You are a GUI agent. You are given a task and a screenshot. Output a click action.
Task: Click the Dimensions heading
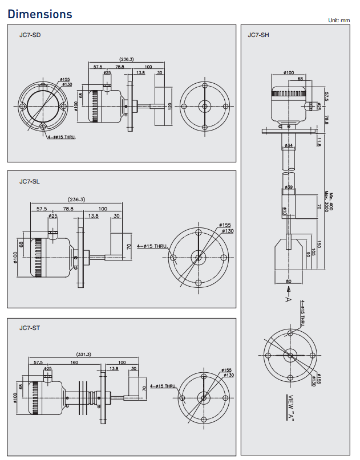coord(40,14)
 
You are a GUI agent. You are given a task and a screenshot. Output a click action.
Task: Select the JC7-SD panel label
coord(30,35)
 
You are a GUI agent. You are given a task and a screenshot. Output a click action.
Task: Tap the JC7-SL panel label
coord(30,181)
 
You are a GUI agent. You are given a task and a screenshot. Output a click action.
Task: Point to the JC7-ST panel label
coord(30,328)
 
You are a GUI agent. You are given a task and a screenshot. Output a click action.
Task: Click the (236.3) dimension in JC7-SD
coord(127,59)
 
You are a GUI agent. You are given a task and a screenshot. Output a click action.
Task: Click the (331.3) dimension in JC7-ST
coord(83,355)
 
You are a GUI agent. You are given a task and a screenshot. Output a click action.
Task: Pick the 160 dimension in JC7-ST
coord(74,363)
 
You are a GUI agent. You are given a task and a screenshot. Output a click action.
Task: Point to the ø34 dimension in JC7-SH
coord(289,146)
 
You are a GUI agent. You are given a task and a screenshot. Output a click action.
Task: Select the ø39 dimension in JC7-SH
coord(289,187)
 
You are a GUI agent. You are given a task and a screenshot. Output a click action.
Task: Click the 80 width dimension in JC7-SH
coord(288,282)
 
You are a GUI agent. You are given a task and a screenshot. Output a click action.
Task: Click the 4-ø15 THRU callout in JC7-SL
coord(152,246)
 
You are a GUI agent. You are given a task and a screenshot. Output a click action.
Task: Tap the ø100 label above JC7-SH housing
coord(289,72)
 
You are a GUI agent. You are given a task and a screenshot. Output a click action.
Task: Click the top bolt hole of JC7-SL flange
coord(198,232)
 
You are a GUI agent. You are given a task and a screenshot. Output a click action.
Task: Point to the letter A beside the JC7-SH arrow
coord(289,299)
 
